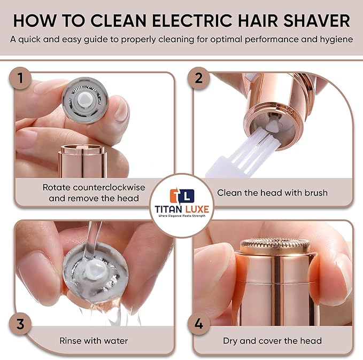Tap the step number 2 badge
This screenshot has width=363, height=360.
199,79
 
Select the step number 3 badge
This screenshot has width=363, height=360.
20,324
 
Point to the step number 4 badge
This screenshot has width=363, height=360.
199,324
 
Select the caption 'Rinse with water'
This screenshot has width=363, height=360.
93,340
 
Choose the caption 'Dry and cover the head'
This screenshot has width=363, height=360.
273,340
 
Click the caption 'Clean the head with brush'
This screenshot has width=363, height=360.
272,192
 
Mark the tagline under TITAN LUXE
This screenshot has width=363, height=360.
181,217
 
